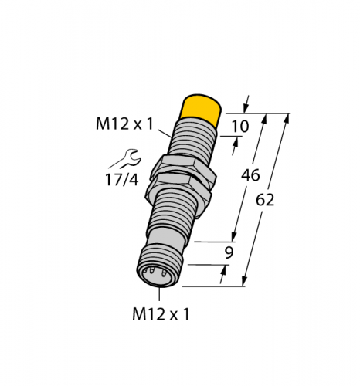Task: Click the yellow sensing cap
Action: coord(201,109)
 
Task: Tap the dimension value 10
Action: coord(240,126)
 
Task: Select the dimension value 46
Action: coord(250,175)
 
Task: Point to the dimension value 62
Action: coord(265,200)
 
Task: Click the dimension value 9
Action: coord(229,252)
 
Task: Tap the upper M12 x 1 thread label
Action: coord(124,124)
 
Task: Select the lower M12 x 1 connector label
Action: coord(161,314)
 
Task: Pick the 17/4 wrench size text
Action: coord(122,180)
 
